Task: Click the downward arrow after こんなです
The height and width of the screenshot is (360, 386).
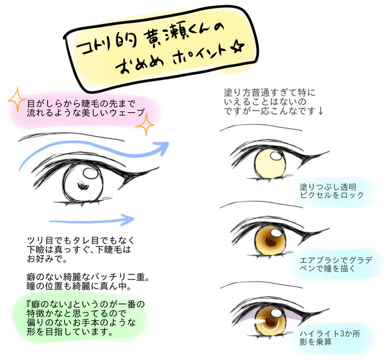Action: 321,112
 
